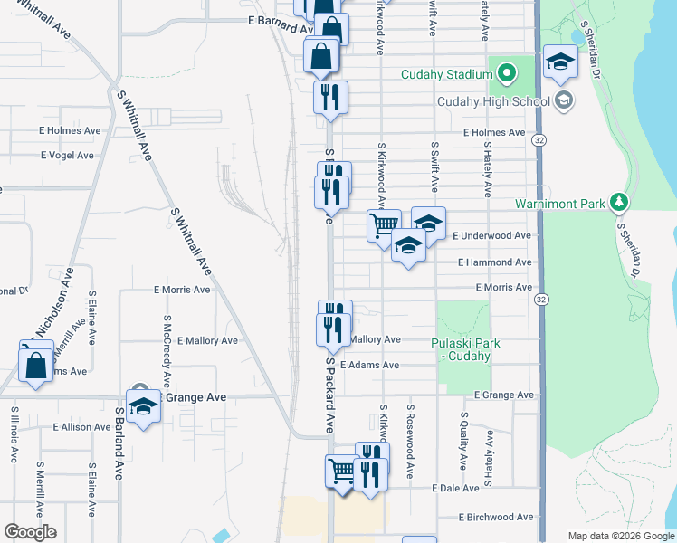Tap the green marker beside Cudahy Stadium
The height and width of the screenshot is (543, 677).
point(508,71)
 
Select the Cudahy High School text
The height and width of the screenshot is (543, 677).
point(494,100)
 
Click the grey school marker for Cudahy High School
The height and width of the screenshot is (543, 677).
point(565,100)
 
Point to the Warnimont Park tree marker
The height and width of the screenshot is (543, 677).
point(619,202)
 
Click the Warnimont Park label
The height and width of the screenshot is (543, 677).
point(559,204)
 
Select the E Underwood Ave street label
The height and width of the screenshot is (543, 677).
point(491,235)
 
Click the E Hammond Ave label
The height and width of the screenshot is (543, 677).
point(494,262)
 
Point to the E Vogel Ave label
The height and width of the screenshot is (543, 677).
point(66,155)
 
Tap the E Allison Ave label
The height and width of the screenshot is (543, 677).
point(81,426)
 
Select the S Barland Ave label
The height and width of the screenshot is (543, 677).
point(119,443)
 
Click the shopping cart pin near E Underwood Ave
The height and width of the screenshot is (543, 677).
point(385,224)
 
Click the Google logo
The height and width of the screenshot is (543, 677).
point(30,532)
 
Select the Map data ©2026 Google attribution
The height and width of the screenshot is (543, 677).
point(620,536)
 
